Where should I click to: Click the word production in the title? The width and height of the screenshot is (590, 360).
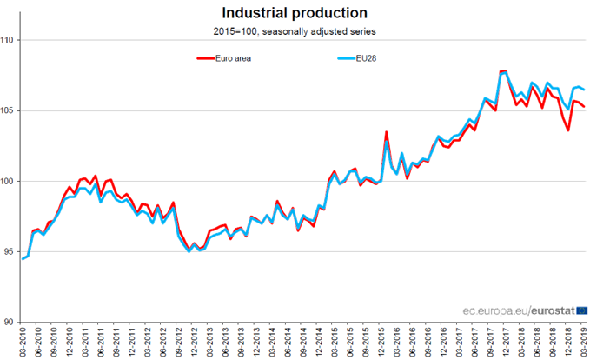[x=330, y=13]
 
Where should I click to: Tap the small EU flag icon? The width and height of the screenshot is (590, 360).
[x=581, y=308]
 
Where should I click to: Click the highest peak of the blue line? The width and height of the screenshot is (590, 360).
[x=503, y=71]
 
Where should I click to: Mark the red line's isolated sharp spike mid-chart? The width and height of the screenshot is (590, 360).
[x=386, y=132]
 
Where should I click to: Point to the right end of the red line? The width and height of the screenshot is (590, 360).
[x=585, y=107]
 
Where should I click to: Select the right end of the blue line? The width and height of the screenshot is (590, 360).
[x=585, y=90]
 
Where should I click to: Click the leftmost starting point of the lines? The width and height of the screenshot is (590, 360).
[x=23, y=259]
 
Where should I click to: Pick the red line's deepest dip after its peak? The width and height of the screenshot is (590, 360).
[x=568, y=130]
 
